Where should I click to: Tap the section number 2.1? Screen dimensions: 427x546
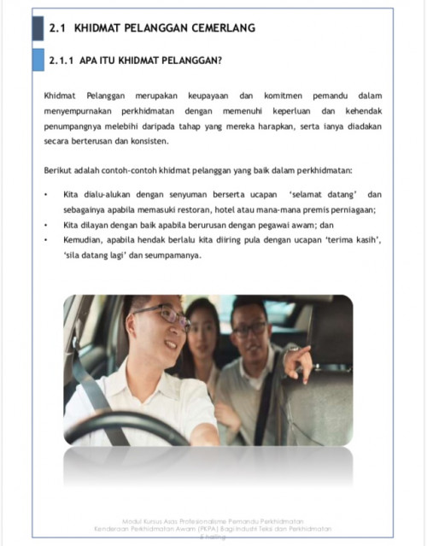(58, 29)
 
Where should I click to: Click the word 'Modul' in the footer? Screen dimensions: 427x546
(133, 521)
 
